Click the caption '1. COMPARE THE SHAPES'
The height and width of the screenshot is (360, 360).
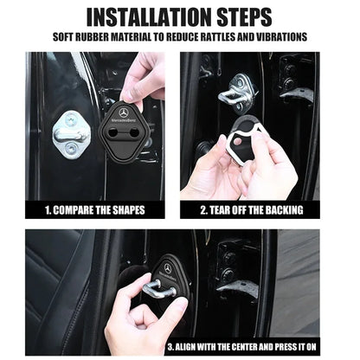[96, 209]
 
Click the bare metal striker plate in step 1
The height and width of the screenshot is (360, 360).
[70, 133]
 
